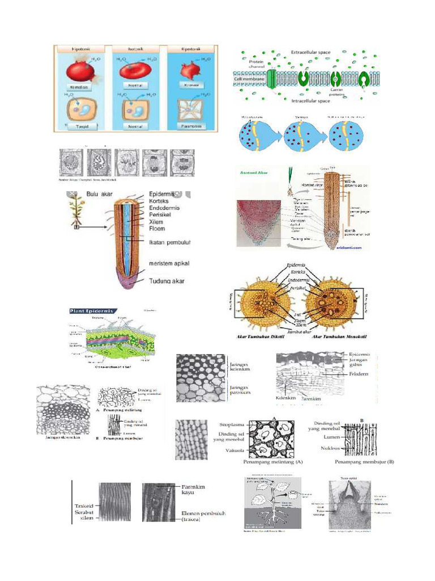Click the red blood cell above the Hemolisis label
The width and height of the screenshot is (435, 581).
click(82, 70)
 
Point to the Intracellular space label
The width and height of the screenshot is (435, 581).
click(310, 100)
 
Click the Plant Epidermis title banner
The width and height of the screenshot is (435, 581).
click(91, 311)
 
